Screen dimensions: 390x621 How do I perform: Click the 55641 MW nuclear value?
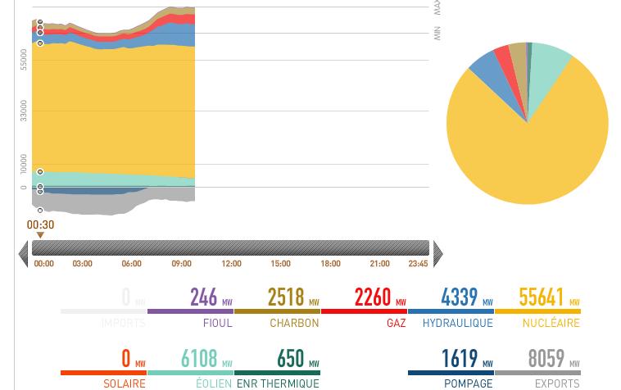point(541,297)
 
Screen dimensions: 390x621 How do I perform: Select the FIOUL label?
point(217,323)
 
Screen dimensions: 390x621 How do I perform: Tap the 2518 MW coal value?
point(286,297)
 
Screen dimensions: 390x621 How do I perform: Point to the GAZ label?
point(396,323)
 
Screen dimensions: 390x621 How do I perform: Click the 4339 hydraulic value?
point(459,297)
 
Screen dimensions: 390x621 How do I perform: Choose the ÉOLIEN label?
point(214,383)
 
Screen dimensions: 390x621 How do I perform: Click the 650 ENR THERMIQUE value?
point(291,359)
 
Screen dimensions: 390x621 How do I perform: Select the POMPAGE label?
point(467,383)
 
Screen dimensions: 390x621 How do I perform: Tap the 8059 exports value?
point(546,359)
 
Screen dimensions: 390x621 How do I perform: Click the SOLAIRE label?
point(125,383)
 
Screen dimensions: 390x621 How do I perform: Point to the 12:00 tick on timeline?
point(231,264)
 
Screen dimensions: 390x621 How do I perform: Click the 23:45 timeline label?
point(418,264)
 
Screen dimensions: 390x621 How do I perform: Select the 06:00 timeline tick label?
point(131,264)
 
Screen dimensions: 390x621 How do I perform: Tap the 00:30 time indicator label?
point(40,224)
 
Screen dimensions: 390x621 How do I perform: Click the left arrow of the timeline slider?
point(24,253)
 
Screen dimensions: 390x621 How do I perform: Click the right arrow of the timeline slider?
point(437,253)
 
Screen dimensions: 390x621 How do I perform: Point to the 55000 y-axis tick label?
point(24,59)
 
